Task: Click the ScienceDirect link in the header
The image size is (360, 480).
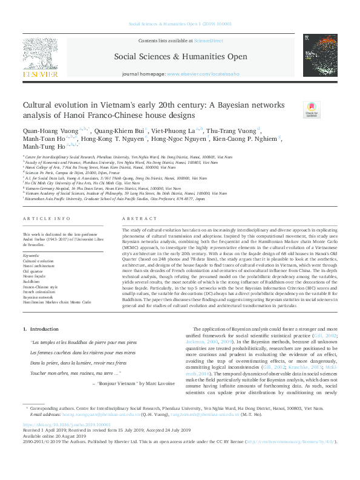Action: pyautogui.click(x=208, y=40)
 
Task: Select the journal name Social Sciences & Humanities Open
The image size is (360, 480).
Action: pyautogui.click(x=180, y=57)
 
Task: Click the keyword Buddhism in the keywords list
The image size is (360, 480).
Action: pyautogui.click(x=32, y=281)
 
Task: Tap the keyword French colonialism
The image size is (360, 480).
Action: pyautogui.click(x=39, y=292)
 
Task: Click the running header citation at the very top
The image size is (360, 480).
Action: pyautogui.click(x=180, y=25)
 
